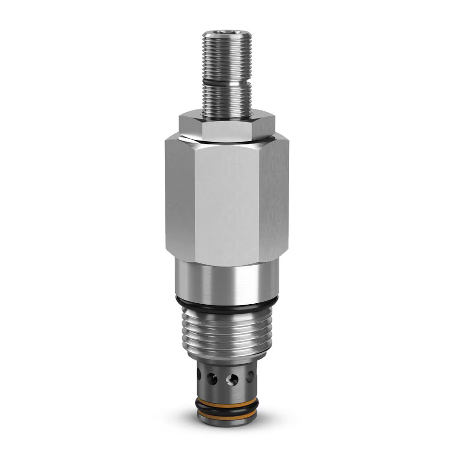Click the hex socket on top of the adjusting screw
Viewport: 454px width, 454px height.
coord(227,34)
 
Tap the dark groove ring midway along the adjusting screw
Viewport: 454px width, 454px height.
coord(227,82)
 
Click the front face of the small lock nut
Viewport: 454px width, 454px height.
coord(226,129)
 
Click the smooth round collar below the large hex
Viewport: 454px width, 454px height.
coord(227,279)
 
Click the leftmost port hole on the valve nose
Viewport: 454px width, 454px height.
coord(199,375)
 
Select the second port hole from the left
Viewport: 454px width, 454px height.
coord(212,378)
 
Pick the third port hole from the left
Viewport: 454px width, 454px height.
coord(232,379)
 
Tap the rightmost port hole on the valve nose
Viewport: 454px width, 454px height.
coord(250,376)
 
